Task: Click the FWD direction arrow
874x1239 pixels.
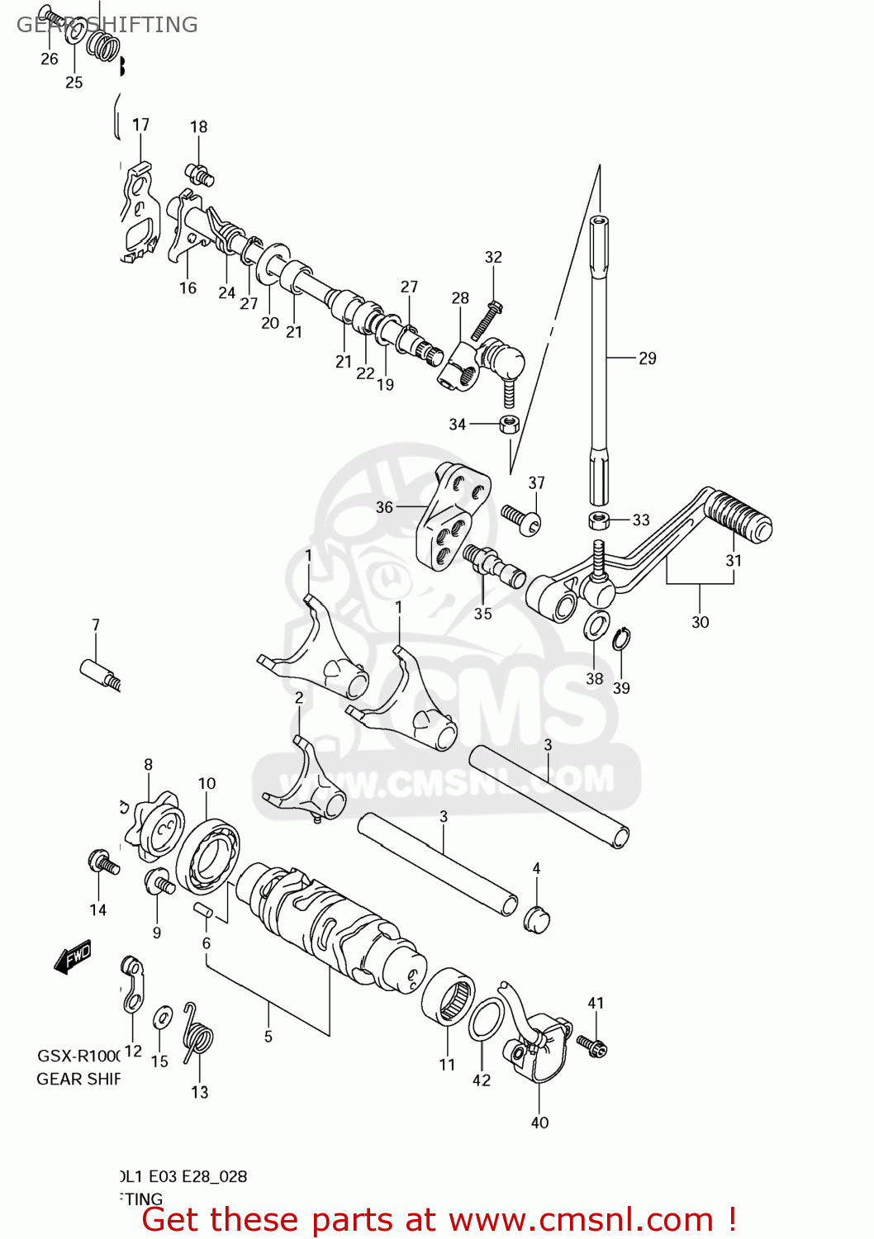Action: pos(72,957)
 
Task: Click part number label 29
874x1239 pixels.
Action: pos(647,358)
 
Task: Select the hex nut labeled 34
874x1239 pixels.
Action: pos(509,425)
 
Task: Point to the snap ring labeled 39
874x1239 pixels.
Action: pos(621,639)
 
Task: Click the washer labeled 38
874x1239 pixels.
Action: pos(596,625)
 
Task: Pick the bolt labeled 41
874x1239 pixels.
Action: pos(592,1046)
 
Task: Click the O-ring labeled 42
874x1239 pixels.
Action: pos(486,1018)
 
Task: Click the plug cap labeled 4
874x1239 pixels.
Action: pos(537,919)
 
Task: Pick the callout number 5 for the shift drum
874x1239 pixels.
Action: pos(268,1036)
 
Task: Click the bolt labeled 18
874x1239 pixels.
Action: pos(200,175)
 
